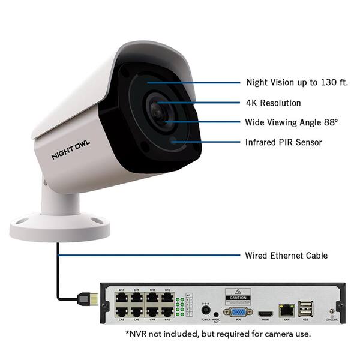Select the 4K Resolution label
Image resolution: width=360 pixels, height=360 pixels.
point(273,103)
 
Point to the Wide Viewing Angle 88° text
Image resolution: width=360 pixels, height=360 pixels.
point(292,122)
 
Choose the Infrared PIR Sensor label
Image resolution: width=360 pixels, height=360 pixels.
point(284,142)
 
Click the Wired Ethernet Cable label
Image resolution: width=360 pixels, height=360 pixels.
point(286,256)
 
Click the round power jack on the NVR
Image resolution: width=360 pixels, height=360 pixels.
point(205,311)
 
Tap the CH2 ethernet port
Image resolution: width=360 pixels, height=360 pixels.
point(167,313)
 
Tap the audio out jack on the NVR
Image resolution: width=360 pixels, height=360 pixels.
point(216,313)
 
